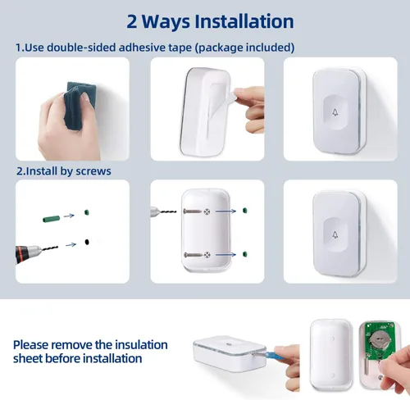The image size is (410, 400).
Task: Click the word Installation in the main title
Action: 244,21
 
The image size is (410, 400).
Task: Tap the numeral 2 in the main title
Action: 132,21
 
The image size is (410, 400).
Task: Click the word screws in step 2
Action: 93,171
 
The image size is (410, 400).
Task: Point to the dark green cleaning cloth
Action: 80,106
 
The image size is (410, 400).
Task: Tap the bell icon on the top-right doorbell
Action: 335,112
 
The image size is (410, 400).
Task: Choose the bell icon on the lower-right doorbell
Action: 335,234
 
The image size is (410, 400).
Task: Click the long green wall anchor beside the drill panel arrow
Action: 52,219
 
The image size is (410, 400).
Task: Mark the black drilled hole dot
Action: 87,242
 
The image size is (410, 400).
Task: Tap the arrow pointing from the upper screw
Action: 225,211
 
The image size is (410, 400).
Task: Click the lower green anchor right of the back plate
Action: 244,254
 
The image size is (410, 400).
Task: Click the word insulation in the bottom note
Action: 141,344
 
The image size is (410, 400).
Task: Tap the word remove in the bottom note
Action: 72,345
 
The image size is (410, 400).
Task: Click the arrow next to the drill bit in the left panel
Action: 71,244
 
